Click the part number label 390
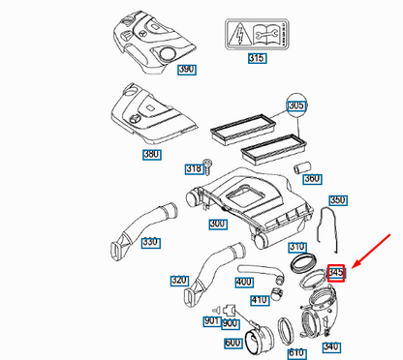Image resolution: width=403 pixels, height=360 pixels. point(185,70)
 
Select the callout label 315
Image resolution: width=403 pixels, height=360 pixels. point(257,59)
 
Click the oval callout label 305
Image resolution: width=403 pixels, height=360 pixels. point(296,105)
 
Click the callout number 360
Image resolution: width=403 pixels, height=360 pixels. point(312,178)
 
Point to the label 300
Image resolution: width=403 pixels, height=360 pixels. point(218,225)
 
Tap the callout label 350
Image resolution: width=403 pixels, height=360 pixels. point(337,200)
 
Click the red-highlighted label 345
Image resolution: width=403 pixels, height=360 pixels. point(336,274)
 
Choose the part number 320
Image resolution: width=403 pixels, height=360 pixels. point(179,281)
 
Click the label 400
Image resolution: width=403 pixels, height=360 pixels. point(243,282)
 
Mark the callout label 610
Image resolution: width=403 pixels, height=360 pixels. point(294,352)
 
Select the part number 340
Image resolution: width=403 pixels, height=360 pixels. point(332,346)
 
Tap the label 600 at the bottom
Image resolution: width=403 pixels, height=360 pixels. point(232,344)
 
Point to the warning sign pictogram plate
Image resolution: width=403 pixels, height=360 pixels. point(257,32)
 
